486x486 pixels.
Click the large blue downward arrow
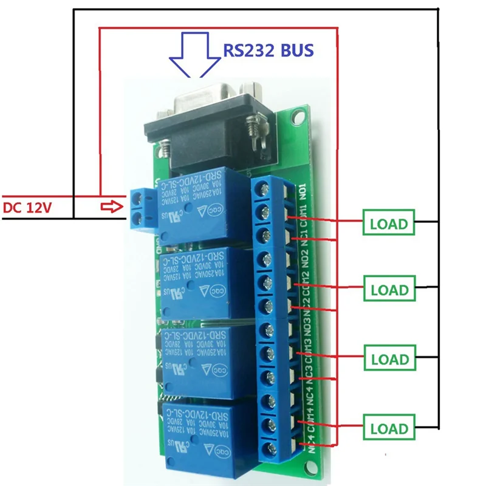coord(195,55)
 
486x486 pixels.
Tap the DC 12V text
coord(28,208)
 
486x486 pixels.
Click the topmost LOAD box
coord(388,223)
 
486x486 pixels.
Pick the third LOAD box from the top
coord(388,358)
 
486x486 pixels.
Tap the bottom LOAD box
coord(388,428)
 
